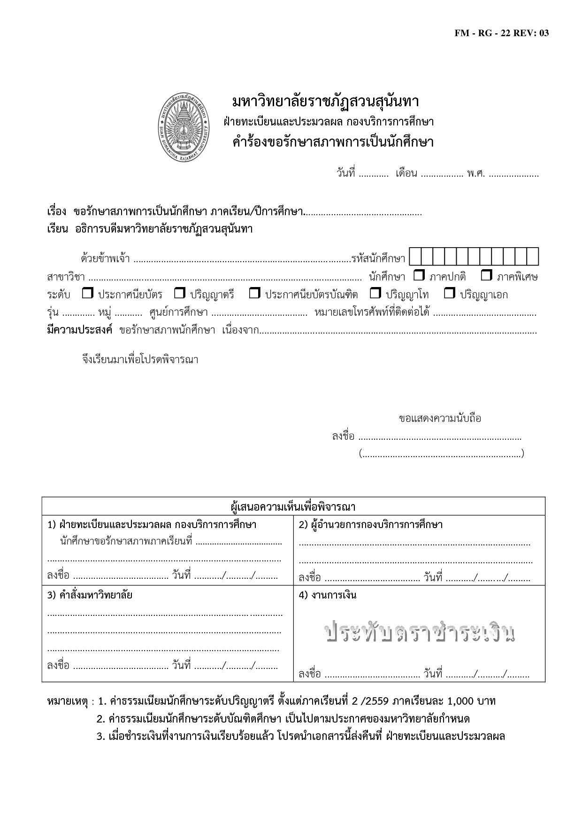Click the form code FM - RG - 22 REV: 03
coord(501,33)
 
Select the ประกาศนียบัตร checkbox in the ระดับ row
coord(88,294)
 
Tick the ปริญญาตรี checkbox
coord(180,294)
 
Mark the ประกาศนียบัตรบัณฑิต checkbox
coord(254,294)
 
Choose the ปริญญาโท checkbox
coord(375,294)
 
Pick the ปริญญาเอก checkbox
coord(450,294)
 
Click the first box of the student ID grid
coord(415,257)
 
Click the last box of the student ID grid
coord(532,257)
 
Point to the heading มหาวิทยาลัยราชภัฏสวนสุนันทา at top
coord(326,101)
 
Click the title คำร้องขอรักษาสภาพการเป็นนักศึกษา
coord(333,142)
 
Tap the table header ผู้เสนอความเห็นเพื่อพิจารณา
coord(293,507)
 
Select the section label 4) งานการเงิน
coord(328,595)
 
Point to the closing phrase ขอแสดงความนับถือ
coord(440,418)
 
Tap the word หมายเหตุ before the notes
coord(68,702)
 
